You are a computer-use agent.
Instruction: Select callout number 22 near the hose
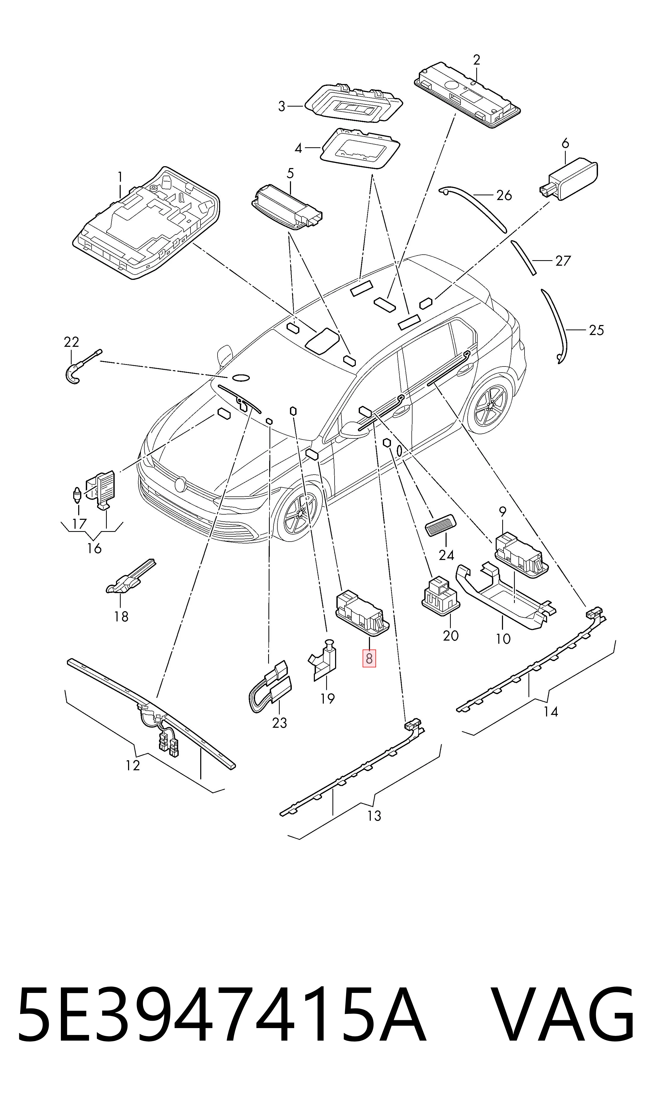tap(72, 342)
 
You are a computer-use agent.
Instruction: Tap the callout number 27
tap(563, 261)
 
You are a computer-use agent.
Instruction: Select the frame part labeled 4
tap(361, 148)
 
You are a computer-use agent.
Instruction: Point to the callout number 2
tap(477, 59)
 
